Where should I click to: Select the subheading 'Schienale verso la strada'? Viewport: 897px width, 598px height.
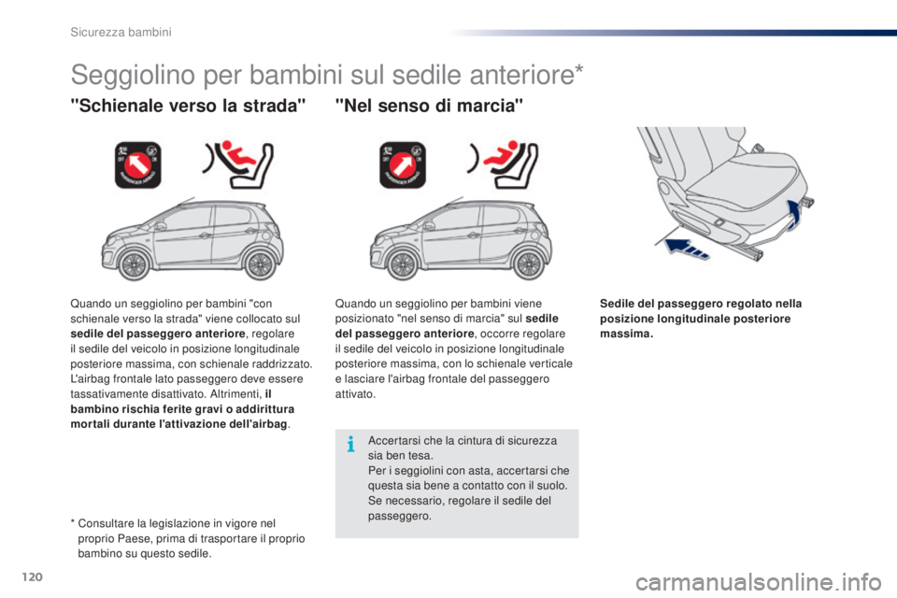188,107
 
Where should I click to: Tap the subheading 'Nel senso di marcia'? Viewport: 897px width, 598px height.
431,107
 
